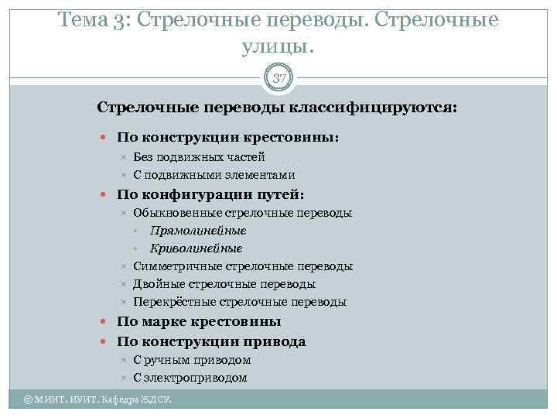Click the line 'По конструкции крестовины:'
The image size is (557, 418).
click(x=227, y=137)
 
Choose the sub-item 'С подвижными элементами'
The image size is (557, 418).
click(x=214, y=175)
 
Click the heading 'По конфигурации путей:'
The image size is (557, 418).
click(x=210, y=194)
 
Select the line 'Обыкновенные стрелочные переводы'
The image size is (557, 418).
click(x=242, y=213)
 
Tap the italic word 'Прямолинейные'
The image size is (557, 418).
click(x=198, y=231)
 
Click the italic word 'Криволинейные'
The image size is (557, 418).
click(x=196, y=248)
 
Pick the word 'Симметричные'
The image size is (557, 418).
click(x=174, y=266)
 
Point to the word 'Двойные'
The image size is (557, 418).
click(x=157, y=284)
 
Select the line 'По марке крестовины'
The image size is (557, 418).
click(x=199, y=321)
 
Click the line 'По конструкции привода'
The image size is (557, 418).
click(x=211, y=341)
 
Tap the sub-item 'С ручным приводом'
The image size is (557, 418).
click(x=192, y=360)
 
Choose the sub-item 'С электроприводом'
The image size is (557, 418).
click(x=190, y=378)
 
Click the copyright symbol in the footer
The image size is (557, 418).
click(x=29, y=399)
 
